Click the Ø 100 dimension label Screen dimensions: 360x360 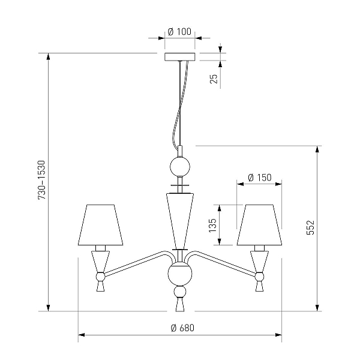pyautogui.click(x=179, y=32)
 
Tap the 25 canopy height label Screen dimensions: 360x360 pyautogui.click(x=214, y=79)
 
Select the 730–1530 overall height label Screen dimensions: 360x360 pyautogui.click(x=42, y=180)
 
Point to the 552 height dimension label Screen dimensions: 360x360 pyautogui.click(x=310, y=227)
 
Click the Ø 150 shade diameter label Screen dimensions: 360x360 pyautogui.click(x=260, y=178)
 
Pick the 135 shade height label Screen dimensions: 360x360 pyautogui.click(x=212, y=225)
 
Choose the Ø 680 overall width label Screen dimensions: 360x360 pyautogui.click(x=182, y=328)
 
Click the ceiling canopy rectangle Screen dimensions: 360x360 pyautogui.click(x=180, y=57)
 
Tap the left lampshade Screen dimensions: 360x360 pyautogui.click(x=101, y=225)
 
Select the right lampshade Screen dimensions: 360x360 pyautogui.click(x=259, y=225)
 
